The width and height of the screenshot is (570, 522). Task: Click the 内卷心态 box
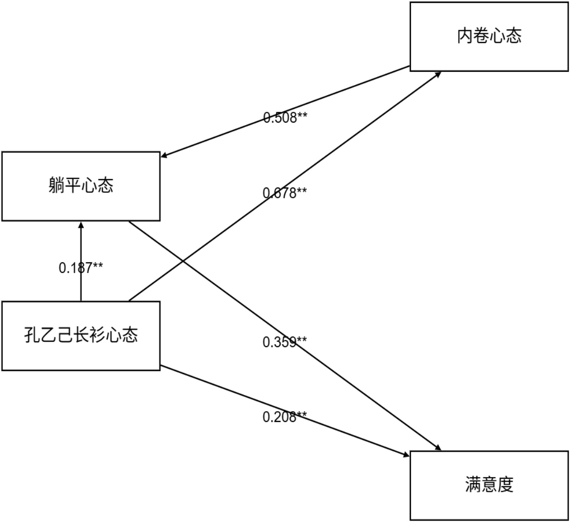(489, 37)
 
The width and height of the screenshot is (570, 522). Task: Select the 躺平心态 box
(81, 186)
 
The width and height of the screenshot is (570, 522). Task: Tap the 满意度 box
(489, 485)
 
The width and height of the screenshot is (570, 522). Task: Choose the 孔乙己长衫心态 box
(81, 335)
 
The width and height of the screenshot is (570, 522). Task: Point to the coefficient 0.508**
(285, 118)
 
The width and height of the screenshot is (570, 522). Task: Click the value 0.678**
(285, 193)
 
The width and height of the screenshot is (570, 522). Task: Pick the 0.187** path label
(81, 268)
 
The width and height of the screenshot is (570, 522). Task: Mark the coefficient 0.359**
(285, 342)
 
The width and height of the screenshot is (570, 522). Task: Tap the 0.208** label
(285, 417)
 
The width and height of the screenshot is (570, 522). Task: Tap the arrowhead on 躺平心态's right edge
(164, 156)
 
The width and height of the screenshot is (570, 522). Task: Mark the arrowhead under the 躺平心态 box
(81, 224)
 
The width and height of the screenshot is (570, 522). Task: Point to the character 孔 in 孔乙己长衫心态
(32, 335)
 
